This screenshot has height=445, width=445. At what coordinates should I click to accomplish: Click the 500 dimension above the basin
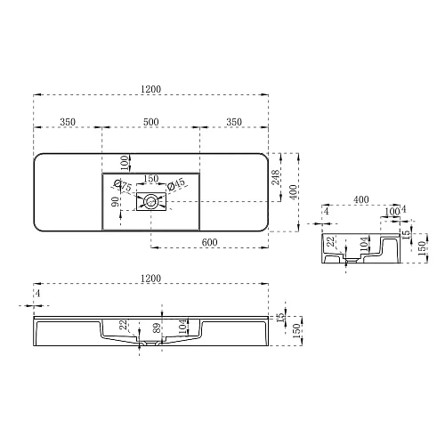[151, 121]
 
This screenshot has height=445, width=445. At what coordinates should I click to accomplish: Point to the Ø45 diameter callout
[176, 184]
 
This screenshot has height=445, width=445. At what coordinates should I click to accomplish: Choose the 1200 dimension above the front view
[151, 279]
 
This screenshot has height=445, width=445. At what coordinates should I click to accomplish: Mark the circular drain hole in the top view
[152, 202]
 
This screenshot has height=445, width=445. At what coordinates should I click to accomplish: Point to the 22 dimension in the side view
[330, 241]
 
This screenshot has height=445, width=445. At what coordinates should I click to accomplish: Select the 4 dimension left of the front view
[37, 293]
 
